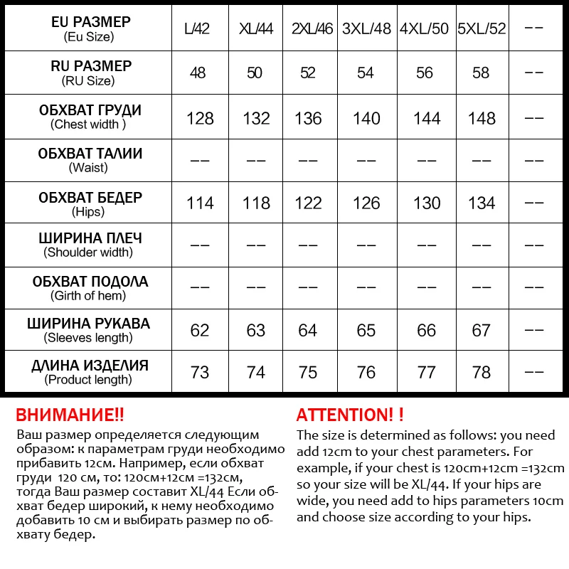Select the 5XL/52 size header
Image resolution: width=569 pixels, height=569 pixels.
(482, 29)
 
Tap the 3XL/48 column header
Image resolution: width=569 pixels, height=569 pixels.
(366, 29)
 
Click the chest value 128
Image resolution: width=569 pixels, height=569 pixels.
(200, 118)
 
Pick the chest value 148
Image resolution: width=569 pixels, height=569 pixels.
(482, 118)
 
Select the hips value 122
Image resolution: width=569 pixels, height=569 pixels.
(308, 203)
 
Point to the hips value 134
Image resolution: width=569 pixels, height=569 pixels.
(482, 203)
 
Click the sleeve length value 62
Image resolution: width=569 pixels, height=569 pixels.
(200, 330)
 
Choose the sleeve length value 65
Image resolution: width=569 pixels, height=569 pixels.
(366, 330)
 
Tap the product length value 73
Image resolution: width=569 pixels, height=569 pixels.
(200, 372)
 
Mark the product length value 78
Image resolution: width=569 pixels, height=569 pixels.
(482, 372)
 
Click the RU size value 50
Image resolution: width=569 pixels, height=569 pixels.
(255, 73)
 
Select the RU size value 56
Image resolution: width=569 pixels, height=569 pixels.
(425, 73)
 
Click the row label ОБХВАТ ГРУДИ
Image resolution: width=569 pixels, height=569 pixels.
(90, 110)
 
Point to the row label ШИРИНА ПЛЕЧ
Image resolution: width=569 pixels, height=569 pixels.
(89, 238)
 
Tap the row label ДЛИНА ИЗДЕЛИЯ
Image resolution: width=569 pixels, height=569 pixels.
(90, 366)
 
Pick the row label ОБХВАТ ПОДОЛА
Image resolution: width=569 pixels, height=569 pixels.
(90, 282)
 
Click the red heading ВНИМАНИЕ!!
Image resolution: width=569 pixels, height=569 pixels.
(70, 415)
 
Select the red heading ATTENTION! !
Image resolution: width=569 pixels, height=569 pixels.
(350, 415)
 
